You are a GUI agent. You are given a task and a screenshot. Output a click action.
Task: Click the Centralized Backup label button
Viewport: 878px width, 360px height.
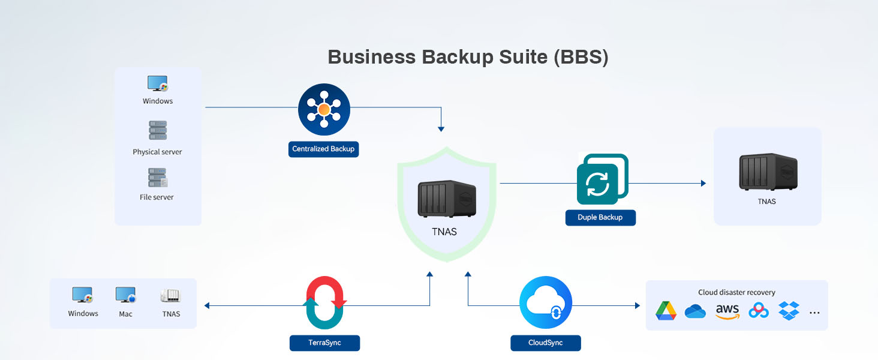[x=323, y=149]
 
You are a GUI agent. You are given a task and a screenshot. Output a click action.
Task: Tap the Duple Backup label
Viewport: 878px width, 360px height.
[x=600, y=217]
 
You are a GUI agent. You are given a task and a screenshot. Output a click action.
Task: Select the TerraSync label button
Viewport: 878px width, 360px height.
[x=324, y=343]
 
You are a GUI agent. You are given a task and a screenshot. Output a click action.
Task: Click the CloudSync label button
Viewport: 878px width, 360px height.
[x=545, y=343]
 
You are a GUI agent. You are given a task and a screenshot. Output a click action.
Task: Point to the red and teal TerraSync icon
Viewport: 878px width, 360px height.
[x=324, y=302]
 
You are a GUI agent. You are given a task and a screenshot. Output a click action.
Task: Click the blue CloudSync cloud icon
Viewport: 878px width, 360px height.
[x=546, y=302]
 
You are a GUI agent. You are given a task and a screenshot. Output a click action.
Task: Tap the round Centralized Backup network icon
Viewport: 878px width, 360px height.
[x=324, y=109]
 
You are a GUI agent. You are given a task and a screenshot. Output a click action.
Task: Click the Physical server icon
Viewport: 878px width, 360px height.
[x=158, y=130]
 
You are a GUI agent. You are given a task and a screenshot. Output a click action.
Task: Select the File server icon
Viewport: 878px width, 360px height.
[x=158, y=178]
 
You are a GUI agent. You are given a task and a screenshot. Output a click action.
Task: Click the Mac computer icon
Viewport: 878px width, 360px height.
[x=126, y=295]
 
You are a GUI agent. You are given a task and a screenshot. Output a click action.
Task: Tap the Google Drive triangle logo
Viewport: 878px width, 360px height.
[x=666, y=311]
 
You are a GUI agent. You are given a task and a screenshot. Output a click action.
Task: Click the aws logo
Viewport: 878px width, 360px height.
[x=727, y=311]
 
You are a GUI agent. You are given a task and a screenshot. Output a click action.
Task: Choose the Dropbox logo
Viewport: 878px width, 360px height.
[x=789, y=311]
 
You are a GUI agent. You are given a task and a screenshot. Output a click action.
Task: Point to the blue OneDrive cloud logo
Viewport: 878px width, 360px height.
[x=695, y=311]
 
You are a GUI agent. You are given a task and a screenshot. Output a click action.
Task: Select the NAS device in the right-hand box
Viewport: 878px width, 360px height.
[x=768, y=172]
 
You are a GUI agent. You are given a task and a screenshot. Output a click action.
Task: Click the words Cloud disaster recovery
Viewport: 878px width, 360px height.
[x=736, y=292]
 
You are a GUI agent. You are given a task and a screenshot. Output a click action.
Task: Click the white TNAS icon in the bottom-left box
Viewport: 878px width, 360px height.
[x=170, y=295]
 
